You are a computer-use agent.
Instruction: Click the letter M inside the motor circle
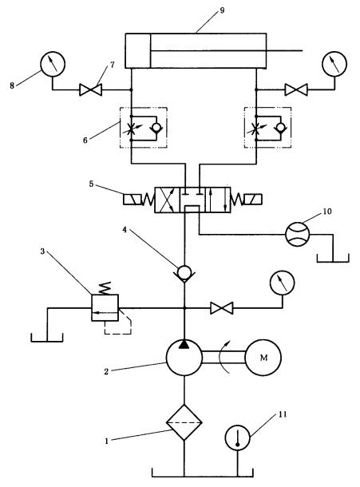(x=263, y=358)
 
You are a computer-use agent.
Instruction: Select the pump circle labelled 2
(x=184, y=357)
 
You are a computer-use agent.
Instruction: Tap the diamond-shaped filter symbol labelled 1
(x=184, y=422)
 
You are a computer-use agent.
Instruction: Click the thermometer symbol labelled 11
(x=238, y=438)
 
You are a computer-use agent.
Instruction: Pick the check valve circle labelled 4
(x=184, y=273)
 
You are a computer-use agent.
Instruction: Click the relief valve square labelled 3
(x=105, y=308)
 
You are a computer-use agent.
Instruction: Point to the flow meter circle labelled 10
(x=298, y=234)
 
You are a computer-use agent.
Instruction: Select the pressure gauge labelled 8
(x=53, y=64)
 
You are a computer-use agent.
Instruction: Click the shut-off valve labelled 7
(x=91, y=90)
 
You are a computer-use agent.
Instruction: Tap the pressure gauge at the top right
(x=334, y=64)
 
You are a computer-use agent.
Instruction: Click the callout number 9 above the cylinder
(x=222, y=10)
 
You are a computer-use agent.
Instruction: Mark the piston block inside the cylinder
(x=138, y=50)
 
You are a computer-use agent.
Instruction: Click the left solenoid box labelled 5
(x=133, y=200)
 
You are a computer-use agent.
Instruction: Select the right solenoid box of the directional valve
(x=253, y=199)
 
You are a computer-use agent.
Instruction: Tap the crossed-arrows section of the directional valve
(x=167, y=200)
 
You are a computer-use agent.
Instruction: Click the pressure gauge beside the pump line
(x=282, y=283)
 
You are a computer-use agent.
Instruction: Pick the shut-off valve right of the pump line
(x=221, y=308)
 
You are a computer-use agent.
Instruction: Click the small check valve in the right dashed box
(x=281, y=128)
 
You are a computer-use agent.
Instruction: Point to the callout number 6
(x=85, y=140)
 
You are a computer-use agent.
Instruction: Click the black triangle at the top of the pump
(x=184, y=343)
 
